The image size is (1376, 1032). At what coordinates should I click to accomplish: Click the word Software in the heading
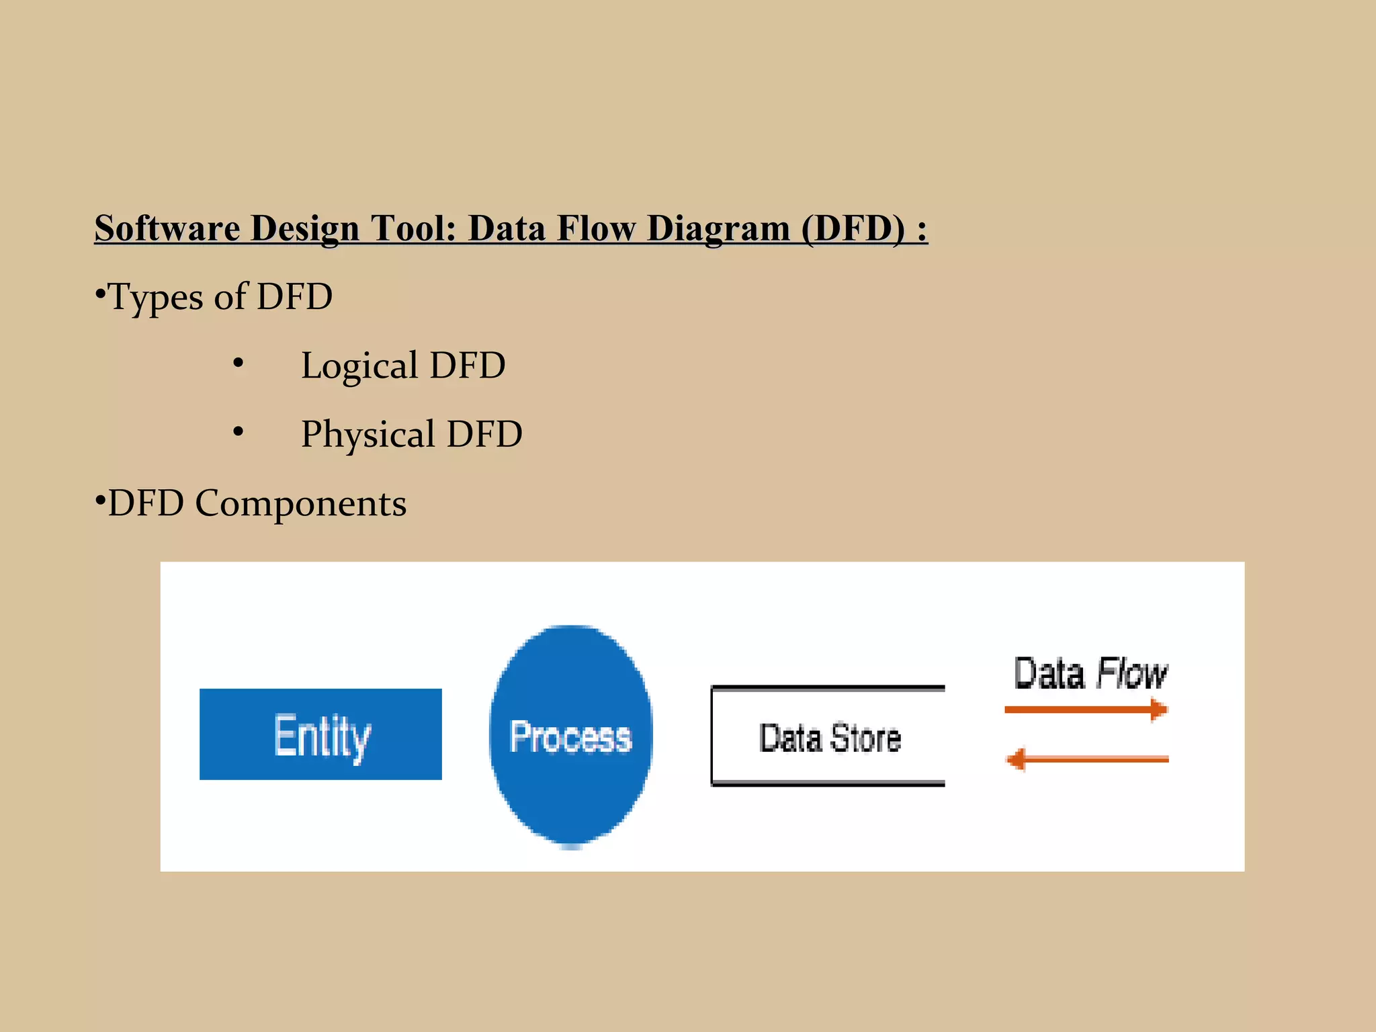(x=167, y=228)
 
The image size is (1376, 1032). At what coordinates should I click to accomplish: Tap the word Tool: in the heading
(x=413, y=228)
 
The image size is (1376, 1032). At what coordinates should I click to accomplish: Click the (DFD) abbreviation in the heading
(x=853, y=228)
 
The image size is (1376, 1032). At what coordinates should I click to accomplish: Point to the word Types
(x=155, y=297)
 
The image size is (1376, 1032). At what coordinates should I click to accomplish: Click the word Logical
(x=359, y=366)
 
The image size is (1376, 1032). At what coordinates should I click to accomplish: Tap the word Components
(x=300, y=503)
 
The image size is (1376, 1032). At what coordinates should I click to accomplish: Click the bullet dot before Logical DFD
(x=238, y=363)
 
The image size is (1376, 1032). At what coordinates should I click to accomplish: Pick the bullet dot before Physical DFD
(x=238, y=432)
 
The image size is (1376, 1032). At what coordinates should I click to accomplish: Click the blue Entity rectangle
(x=320, y=734)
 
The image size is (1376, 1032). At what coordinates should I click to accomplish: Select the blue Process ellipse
(x=570, y=736)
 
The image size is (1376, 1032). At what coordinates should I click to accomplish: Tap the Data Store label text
(x=829, y=738)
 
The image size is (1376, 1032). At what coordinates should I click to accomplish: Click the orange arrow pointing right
(x=1086, y=709)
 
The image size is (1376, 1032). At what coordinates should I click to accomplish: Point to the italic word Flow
(x=1131, y=673)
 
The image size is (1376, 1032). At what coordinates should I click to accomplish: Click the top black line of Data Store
(x=828, y=688)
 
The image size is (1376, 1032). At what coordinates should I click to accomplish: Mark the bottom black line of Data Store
(x=828, y=783)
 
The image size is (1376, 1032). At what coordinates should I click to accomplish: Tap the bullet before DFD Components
(x=100, y=500)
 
